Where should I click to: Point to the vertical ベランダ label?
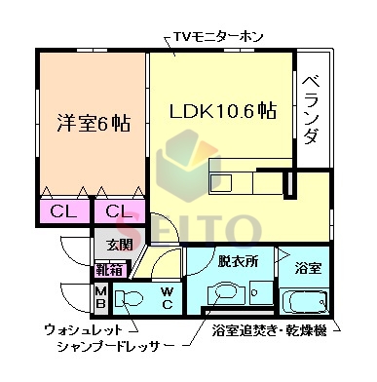[x=311, y=107]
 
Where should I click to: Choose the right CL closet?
[x=118, y=210]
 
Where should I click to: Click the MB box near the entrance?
[x=100, y=296]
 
